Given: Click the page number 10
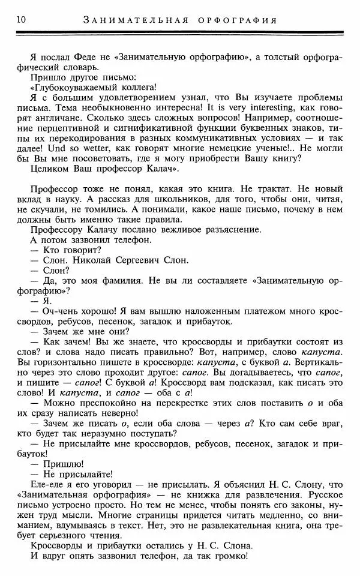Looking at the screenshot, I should coord(13,20).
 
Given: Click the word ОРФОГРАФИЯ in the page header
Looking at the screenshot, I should coord(237,20).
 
